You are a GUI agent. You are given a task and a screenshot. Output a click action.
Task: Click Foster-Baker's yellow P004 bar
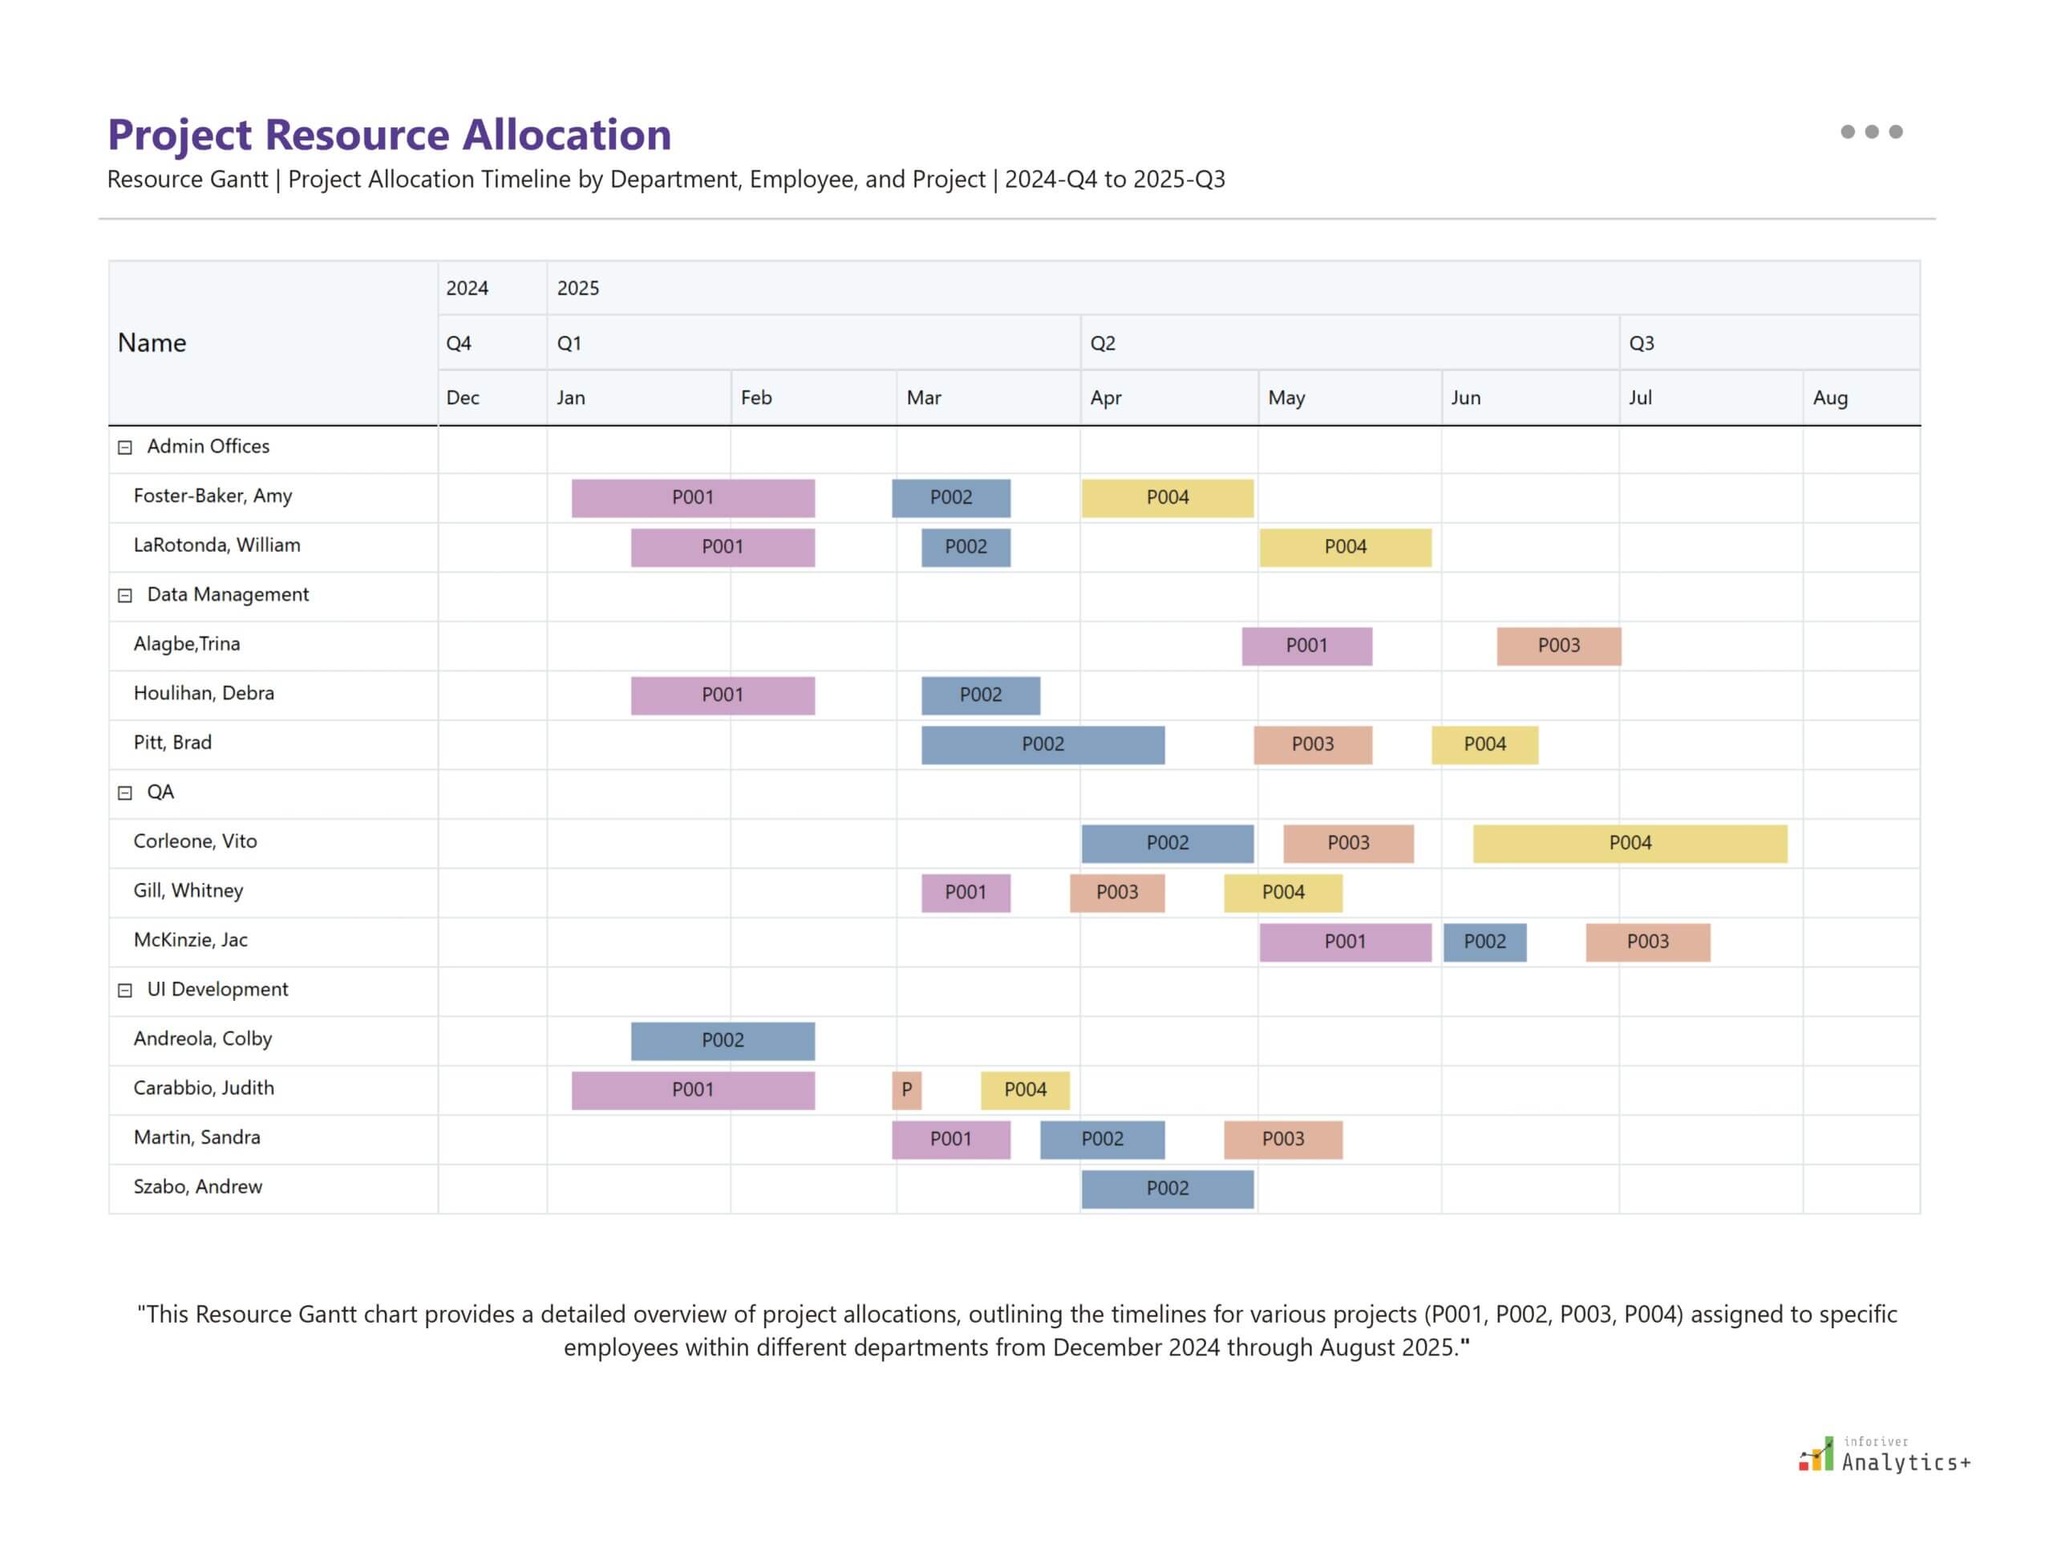click(x=1166, y=498)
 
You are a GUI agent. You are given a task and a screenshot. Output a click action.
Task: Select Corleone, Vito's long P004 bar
click(x=1629, y=843)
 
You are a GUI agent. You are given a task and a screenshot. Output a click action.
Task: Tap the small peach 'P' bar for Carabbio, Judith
click(x=906, y=1090)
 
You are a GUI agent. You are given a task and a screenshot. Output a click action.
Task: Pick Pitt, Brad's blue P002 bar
click(x=1042, y=745)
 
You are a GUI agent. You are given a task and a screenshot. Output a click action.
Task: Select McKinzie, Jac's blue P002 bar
click(x=1484, y=942)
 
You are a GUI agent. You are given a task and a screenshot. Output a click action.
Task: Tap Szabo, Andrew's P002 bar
click(x=1166, y=1189)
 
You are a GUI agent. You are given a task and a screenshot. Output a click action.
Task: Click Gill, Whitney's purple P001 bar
click(x=965, y=893)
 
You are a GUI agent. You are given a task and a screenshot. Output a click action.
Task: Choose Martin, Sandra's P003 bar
click(x=1282, y=1140)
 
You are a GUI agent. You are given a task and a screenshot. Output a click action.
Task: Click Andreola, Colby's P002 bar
click(x=723, y=1041)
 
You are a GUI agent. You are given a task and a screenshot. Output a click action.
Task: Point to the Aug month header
click(x=1829, y=399)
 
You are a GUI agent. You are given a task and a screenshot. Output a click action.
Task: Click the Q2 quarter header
click(x=1102, y=343)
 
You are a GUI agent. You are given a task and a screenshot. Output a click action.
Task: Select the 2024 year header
click(x=466, y=289)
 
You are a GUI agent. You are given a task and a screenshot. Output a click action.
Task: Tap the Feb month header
click(x=755, y=399)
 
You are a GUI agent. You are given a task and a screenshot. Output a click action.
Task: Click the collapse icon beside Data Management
click(x=125, y=596)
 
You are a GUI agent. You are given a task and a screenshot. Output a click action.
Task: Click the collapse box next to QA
click(x=125, y=793)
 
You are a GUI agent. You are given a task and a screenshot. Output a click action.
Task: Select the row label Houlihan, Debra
click(x=204, y=694)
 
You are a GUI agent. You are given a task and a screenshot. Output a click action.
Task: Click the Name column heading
click(x=152, y=343)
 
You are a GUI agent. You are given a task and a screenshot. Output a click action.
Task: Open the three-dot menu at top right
click(x=1870, y=132)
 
